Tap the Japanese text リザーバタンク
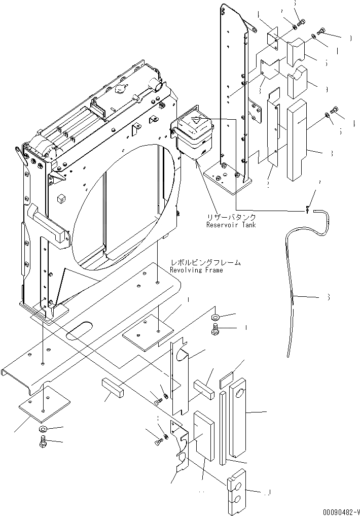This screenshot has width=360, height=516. (x=231, y=217)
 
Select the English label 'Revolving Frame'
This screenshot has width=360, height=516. (x=196, y=270)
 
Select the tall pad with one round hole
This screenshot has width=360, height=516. (x=238, y=420)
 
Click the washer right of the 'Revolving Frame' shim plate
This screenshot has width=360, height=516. (x=215, y=317)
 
